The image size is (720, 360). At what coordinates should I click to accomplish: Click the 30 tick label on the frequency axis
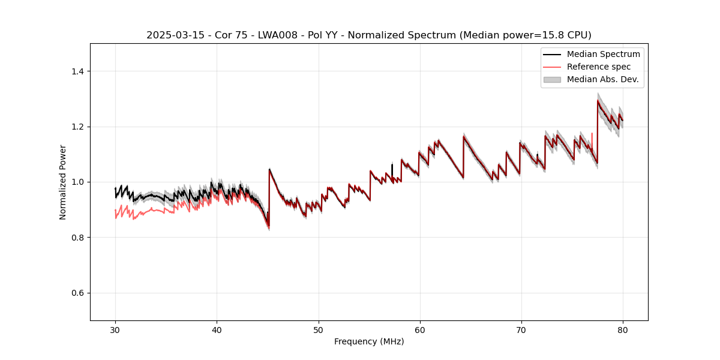[115, 330]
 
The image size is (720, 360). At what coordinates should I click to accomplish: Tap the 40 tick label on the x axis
[217, 330]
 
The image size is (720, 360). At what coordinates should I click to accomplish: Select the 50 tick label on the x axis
[318, 330]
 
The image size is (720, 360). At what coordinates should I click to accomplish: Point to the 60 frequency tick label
[420, 330]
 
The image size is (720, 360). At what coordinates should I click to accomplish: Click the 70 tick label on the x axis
[521, 330]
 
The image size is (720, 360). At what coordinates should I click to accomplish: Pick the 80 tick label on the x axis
[623, 330]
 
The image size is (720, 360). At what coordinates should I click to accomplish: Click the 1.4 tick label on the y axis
[77, 71]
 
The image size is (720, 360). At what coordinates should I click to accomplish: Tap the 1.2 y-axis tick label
[77, 127]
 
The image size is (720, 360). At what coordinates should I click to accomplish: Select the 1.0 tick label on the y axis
[77, 182]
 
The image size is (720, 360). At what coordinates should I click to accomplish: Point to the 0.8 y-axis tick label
[77, 238]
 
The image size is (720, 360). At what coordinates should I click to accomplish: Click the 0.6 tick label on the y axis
[77, 293]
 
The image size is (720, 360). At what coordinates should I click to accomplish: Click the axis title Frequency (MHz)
[369, 342]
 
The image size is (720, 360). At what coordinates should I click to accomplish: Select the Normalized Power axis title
[63, 182]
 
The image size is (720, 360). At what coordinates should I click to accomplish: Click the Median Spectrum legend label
[603, 54]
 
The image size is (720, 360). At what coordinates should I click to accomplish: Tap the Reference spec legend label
[598, 67]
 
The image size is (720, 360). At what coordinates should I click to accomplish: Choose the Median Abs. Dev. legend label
[602, 79]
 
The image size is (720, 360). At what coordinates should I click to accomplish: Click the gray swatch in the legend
[552, 79]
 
